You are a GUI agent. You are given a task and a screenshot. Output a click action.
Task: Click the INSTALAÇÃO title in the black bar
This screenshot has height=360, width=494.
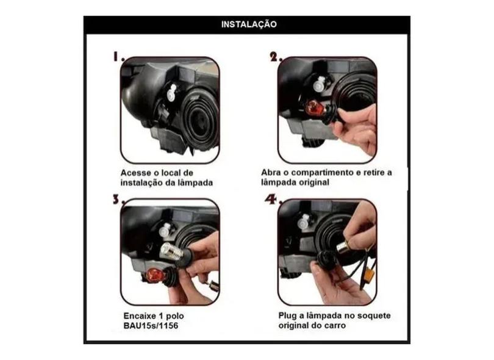point(249,24)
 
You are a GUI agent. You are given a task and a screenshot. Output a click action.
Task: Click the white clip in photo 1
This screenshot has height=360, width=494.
point(171,92)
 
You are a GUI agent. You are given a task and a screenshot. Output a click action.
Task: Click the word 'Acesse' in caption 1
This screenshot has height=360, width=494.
point(135,173)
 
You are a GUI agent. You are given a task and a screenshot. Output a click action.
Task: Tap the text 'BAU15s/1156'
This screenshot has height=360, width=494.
point(151,326)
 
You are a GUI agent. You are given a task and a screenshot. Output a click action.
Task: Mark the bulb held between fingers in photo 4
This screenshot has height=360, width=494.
point(346,245)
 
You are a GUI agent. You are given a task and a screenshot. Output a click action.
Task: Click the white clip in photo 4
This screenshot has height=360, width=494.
point(304,222)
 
